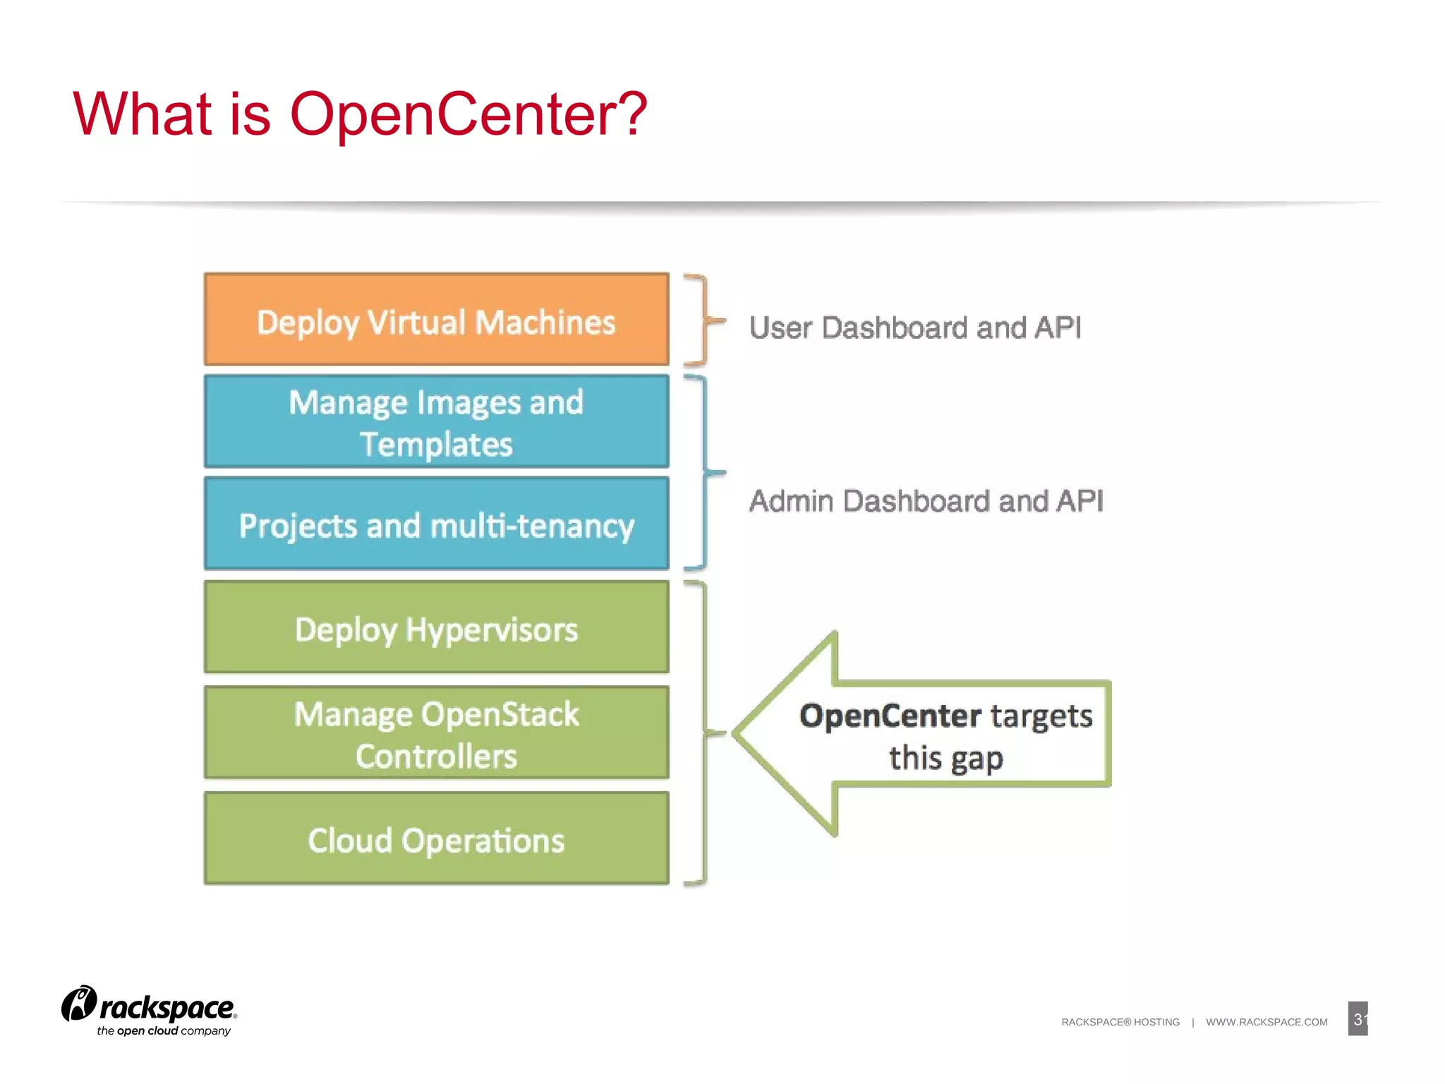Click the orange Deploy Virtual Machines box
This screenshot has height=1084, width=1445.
click(x=436, y=320)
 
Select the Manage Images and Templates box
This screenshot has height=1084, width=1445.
click(x=436, y=422)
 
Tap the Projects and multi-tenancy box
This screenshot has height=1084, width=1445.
click(x=436, y=524)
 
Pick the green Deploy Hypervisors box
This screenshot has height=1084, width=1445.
click(x=436, y=627)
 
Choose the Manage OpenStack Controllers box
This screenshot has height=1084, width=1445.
click(x=436, y=733)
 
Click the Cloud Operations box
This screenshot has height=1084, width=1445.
click(x=436, y=838)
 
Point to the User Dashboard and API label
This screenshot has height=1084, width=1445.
click(x=914, y=327)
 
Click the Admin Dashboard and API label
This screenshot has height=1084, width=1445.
click(x=926, y=501)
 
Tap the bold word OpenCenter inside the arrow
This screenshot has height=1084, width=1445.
click(x=890, y=716)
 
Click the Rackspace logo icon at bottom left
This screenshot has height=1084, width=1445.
click(x=78, y=1004)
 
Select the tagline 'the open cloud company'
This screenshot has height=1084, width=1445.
click(x=164, y=1031)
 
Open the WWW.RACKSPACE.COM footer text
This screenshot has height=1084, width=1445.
click(x=1266, y=1022)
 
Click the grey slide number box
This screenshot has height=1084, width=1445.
click(x=1358, y=1018)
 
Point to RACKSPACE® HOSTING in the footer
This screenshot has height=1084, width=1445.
click(x=1120, y=1022)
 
